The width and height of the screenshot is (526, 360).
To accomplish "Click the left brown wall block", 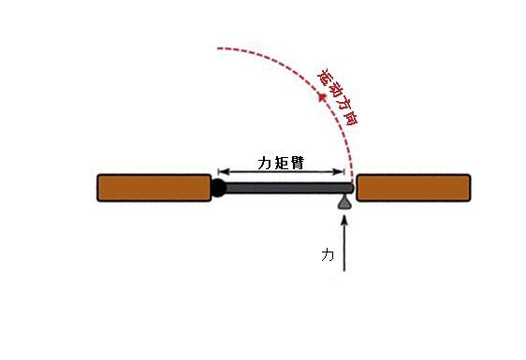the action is click(154, 188).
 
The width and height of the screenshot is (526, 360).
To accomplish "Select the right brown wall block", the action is click(414, 188).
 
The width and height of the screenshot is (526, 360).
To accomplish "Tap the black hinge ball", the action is click(218, 188).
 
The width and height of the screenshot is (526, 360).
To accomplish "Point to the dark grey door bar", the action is click(289, 188).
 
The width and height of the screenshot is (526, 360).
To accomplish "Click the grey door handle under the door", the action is click(344, 203).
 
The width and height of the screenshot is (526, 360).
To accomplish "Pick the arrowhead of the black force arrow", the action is click(343, 221).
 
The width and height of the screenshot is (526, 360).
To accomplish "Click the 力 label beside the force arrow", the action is click(328, 254).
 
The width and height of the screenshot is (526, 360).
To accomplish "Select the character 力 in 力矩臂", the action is click(265, 164).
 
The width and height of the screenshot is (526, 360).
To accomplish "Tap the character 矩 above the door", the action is click(281, 164).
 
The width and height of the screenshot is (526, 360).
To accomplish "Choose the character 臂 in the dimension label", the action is click(298, 164).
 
